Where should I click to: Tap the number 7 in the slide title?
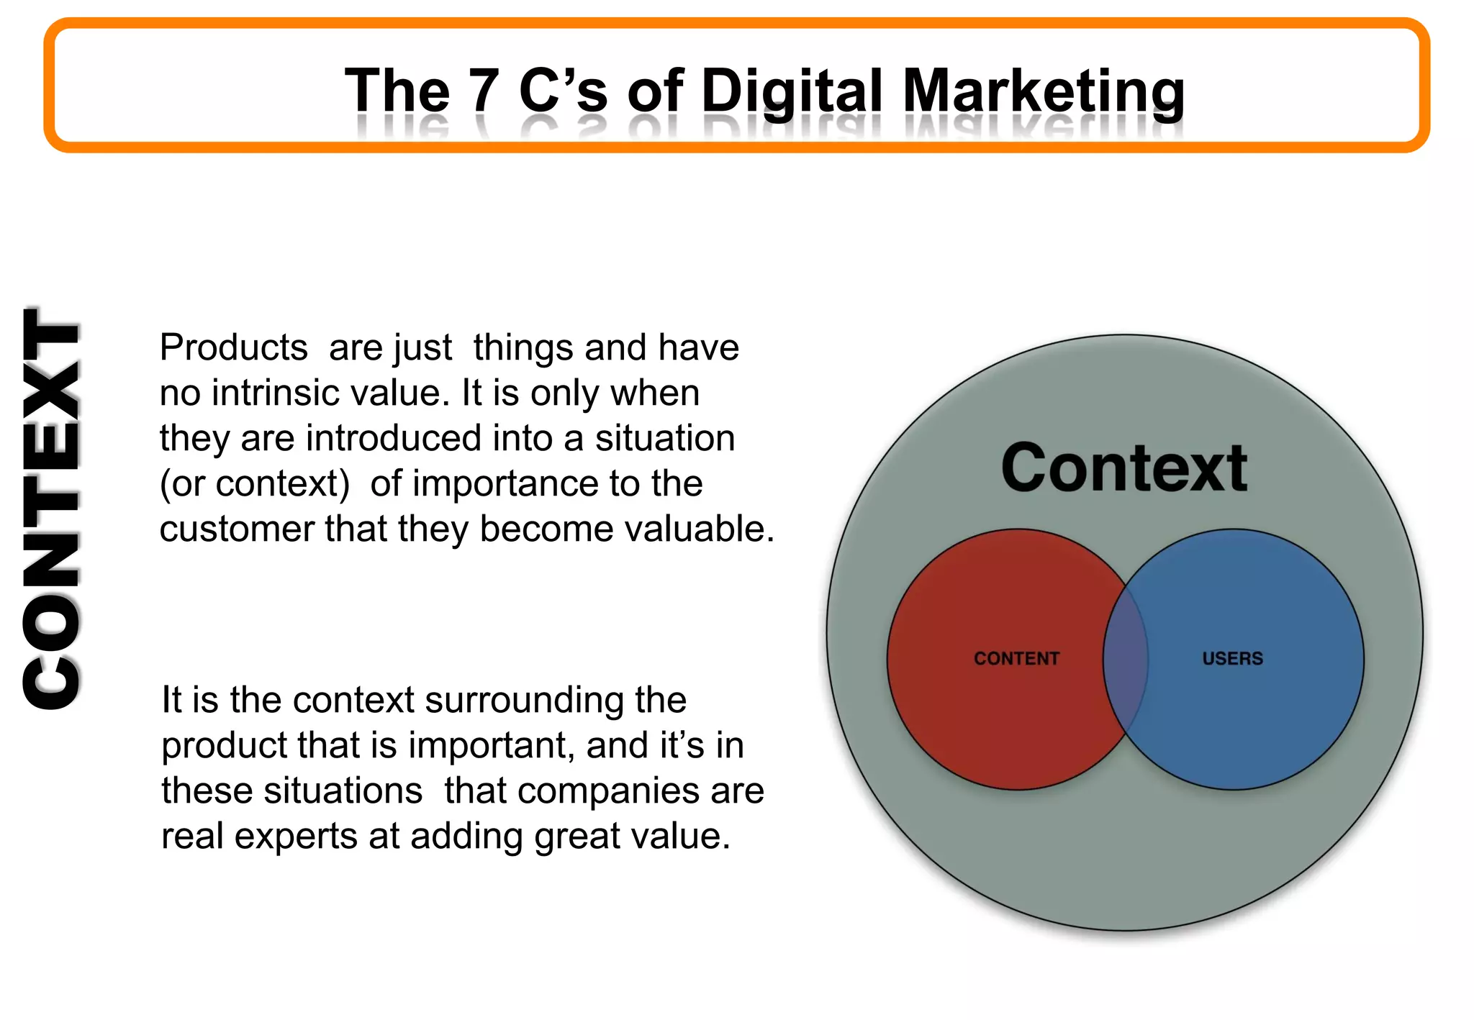click(x=484, y=92)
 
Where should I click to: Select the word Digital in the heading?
click(x=791, y=92)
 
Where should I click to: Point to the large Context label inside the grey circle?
click(x=1123, y=468)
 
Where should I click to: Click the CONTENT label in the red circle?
click(x=1016, y=658)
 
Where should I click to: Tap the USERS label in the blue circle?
click(x=1232, y=658)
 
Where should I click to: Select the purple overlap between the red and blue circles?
click(x=1126, y=658)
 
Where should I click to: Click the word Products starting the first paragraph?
click(x=234, y=348)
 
